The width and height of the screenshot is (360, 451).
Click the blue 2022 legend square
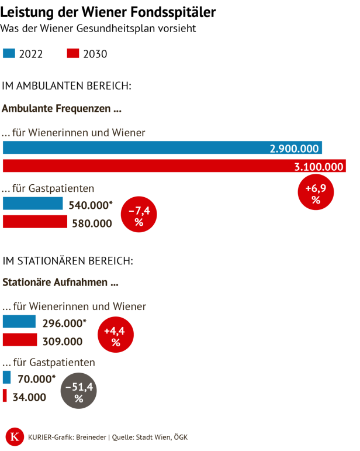9,54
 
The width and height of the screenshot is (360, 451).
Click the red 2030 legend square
73,54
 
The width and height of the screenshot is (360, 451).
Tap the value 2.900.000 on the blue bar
294,149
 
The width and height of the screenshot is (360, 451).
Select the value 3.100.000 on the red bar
319,167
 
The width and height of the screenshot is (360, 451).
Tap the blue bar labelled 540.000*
33,204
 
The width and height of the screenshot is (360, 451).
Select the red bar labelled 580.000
35,222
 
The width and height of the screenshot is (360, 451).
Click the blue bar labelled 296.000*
19,322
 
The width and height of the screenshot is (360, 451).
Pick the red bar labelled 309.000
20,340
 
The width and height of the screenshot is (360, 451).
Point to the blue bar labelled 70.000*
7,377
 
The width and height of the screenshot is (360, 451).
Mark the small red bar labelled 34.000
5,396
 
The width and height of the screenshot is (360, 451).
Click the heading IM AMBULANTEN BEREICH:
67,86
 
